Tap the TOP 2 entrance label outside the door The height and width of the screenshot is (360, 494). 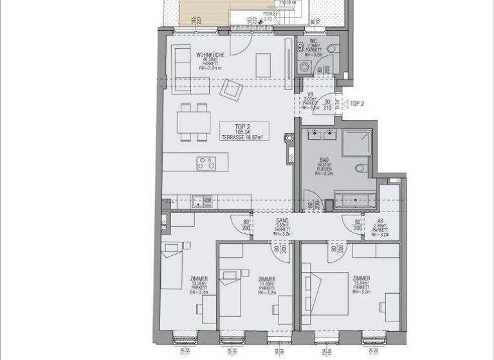point(357,103)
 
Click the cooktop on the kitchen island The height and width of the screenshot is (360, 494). point(206,163)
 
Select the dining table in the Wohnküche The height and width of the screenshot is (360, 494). point(195,122)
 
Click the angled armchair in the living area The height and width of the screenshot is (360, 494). point(230,90)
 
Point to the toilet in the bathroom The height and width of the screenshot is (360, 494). point(360,168)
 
